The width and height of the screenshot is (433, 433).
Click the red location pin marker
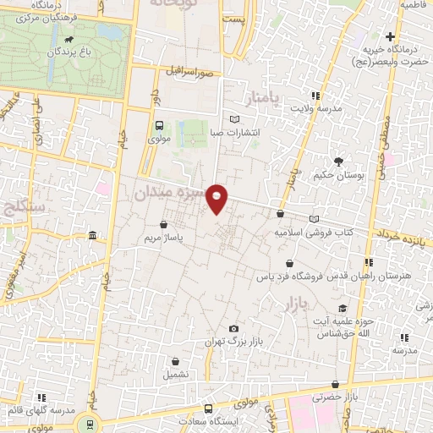tap(217, 198)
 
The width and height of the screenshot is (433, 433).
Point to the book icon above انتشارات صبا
tap(235, 119)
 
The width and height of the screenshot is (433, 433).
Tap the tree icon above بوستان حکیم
tap(339, 162)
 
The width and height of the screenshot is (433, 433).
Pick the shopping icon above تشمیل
tap(174, 360)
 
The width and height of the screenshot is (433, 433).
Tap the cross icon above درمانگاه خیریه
tap(390, 36)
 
